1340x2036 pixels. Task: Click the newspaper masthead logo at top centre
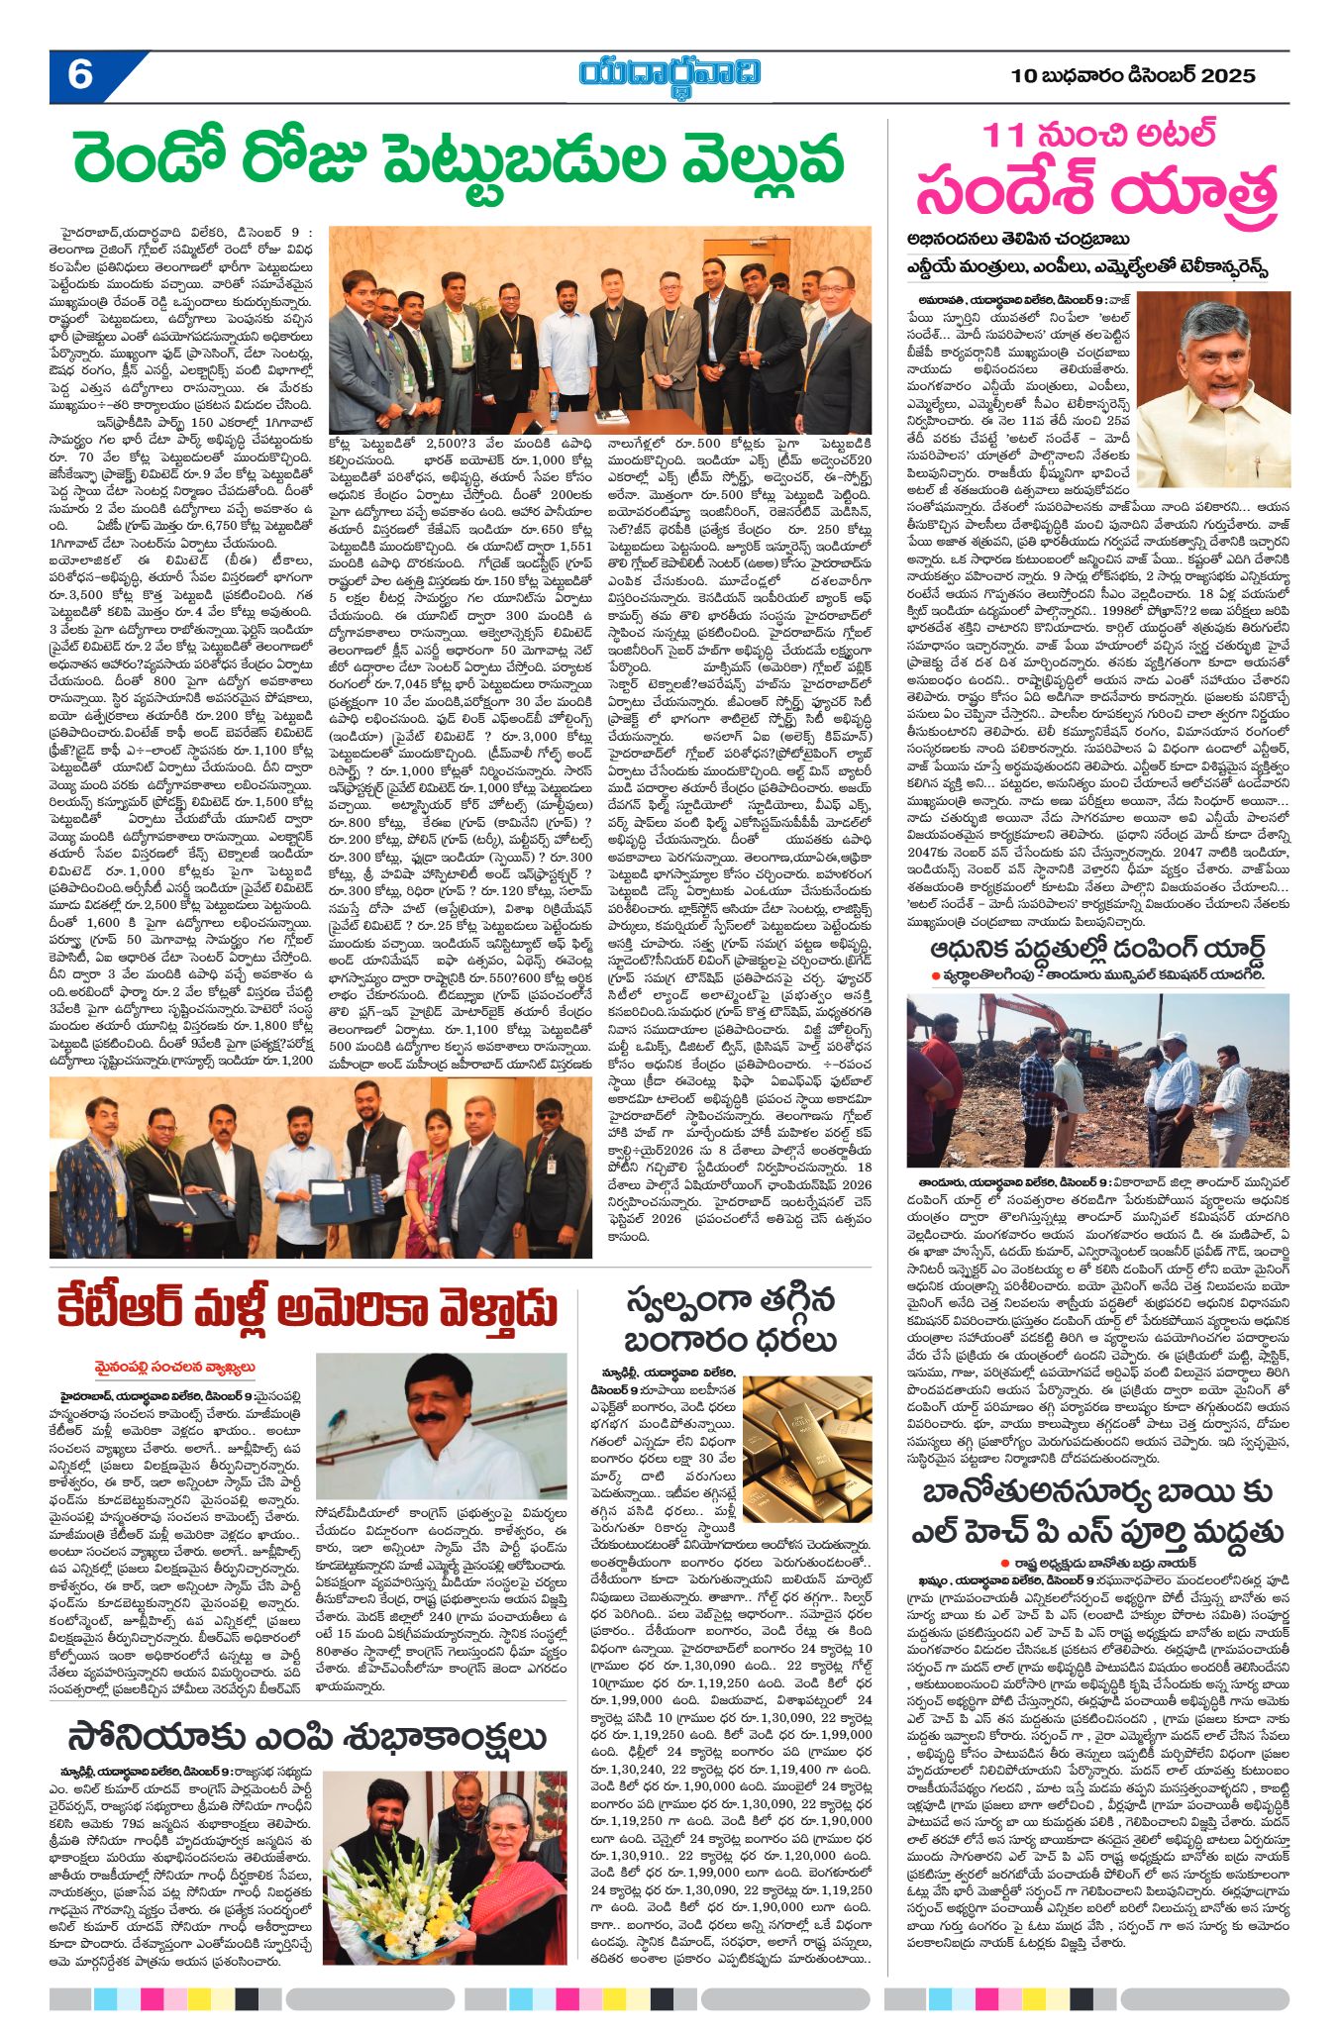(x=670, y=76)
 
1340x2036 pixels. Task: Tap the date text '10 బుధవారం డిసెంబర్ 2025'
(x=1133, y=76)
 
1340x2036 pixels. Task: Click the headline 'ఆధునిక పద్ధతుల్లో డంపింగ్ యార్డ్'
(x=1098, y=948)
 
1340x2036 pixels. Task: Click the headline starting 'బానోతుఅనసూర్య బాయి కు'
(x=1097, y=1494)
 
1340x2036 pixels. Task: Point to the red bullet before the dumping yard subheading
(x=935, y=975)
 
